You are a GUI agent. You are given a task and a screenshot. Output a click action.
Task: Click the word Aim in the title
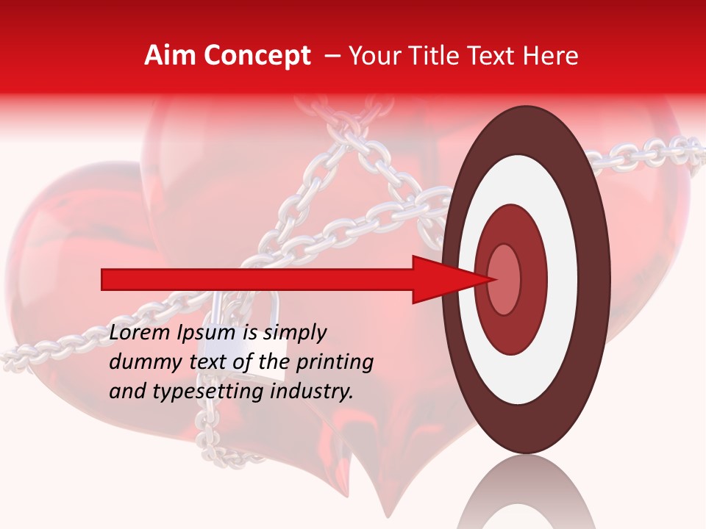pos(169,56)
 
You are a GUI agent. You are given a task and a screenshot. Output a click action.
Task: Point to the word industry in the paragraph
pos(310,391)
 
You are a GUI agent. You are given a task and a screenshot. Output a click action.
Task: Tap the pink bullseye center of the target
pos(504,279)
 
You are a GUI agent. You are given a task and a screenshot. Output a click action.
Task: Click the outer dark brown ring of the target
pos(526,129)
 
